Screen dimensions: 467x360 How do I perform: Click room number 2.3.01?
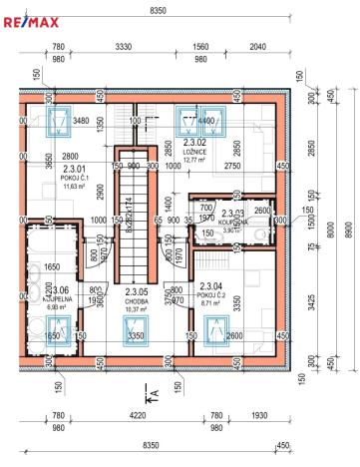[x=47, y=169]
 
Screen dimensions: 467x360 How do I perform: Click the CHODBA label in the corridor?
[x=138, y=299]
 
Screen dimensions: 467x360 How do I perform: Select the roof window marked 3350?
[x=138, y=338]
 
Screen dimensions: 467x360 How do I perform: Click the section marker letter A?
[x=155, y=393]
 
